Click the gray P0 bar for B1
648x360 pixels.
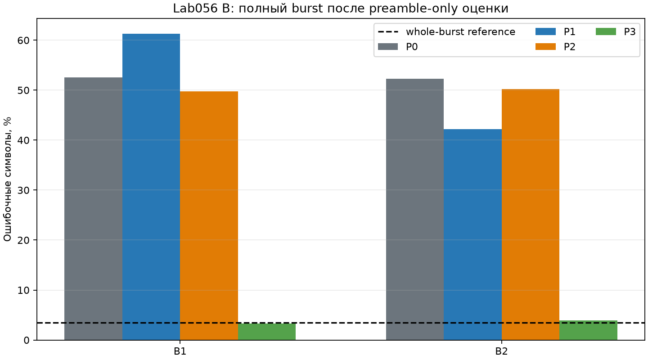pos(93,209)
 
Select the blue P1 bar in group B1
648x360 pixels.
pos(151,187)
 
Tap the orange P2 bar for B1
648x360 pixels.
pos(209,216)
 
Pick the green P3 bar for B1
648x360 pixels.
pos(267,332)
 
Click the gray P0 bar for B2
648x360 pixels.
pos(415,209)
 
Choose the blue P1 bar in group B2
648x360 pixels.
pos(472,234)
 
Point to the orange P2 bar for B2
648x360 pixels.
pos(531,215)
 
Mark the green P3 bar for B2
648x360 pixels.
pos(589,330)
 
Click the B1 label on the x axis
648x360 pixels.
pos(180,351)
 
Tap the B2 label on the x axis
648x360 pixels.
pos(502,351)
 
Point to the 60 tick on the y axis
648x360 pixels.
pos(23,40)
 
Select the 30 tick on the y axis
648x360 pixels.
pos(23,190)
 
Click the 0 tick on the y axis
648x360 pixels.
pos(27,340)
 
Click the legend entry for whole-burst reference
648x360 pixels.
pos(447,32)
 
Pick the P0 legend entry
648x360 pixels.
pos(398,47)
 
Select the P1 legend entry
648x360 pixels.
pos(555,32)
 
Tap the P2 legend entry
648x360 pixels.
pos(555,47)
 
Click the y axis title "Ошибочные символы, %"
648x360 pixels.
pos(7,179)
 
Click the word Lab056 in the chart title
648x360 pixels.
pos(195,9)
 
